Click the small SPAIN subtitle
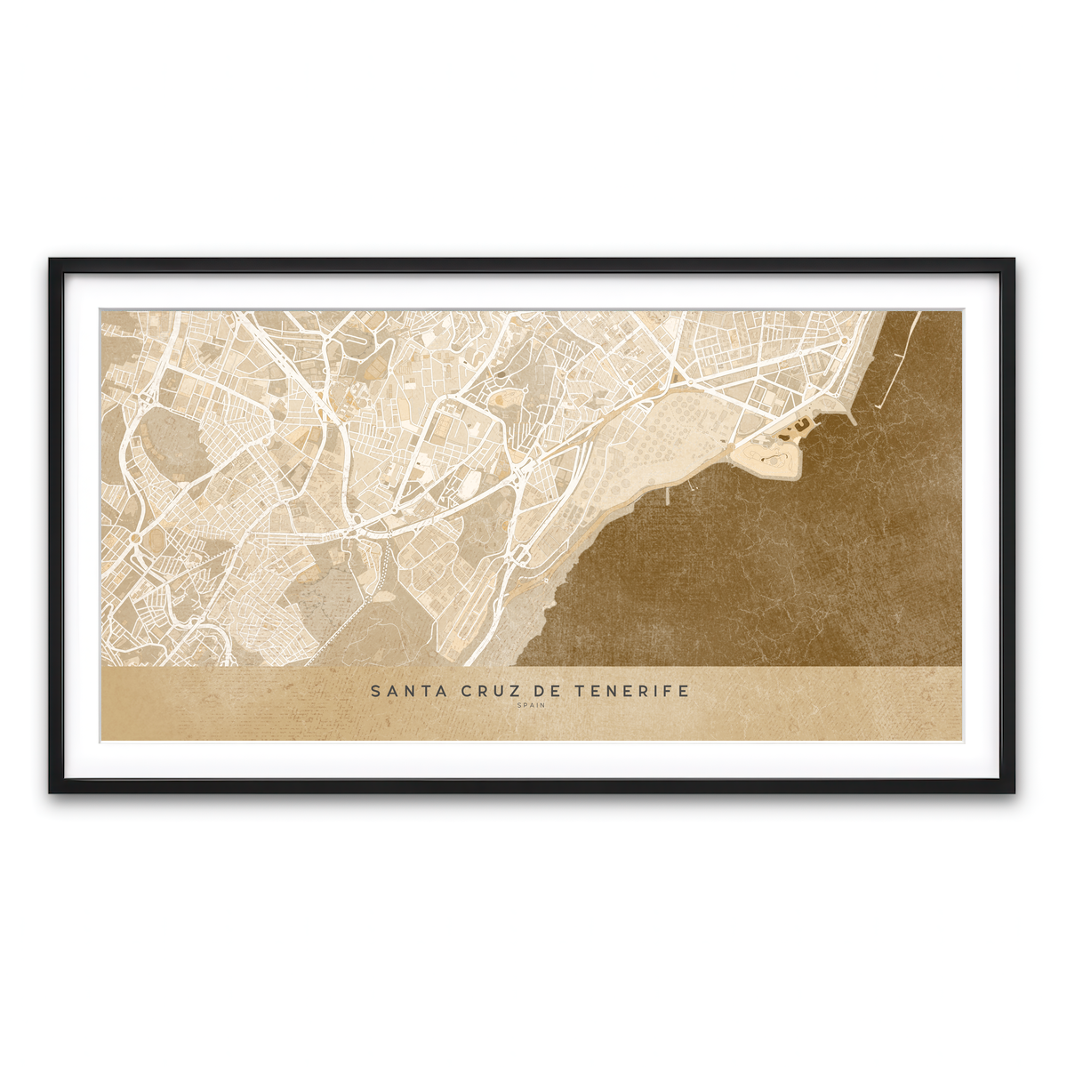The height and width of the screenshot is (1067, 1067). coord(531,706)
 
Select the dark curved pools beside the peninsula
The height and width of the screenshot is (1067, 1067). coord(798,429)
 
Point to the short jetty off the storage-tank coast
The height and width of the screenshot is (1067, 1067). coord(668,495)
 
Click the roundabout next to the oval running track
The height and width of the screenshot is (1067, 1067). coord(135,537)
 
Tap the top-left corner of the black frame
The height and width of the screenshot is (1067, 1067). coord(52,261)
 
